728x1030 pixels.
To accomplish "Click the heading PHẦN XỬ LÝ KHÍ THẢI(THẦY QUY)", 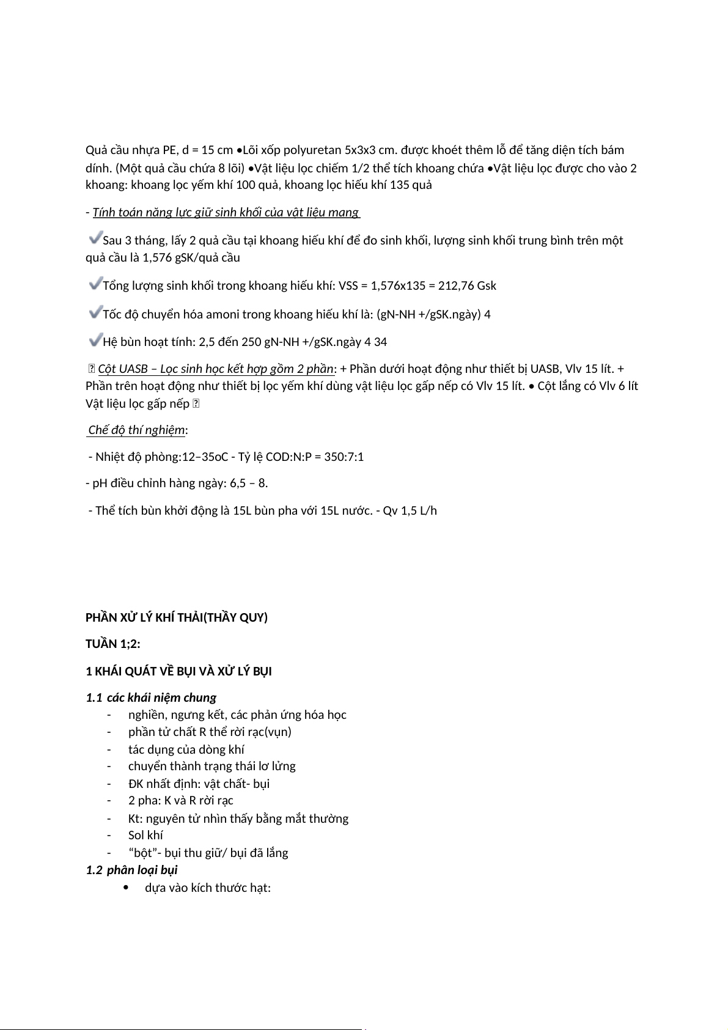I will click(x=177, y=617).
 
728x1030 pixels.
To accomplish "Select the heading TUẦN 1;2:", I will click(x=113, y=644).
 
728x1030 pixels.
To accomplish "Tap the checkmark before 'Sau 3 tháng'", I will click(x=95, y=236).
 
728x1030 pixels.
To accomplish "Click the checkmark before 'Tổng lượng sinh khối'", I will click(x=95, y=282).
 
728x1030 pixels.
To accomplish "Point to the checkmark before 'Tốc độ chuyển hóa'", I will click(x=95, y=312).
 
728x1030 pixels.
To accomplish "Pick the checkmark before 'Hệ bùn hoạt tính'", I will click(x=95, y=339).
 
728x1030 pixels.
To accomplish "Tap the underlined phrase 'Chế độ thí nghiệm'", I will click(x=136, y=430).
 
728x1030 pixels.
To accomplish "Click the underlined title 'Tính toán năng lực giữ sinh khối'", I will click(x=226, y=212).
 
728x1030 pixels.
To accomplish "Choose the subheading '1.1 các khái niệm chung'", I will click(x=151, y=697).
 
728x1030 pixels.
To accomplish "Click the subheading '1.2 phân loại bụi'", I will click(x=131, y=870).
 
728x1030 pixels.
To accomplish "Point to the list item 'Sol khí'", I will click(x=145, y=835).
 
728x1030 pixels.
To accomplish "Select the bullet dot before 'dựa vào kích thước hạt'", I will click(x=126, y=888).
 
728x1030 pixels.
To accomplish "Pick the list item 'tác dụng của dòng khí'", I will click(x=186, y=749).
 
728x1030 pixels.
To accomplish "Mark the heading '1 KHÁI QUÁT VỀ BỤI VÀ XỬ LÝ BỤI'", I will click(x=178, y=671).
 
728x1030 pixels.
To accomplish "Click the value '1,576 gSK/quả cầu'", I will click(x=191, y=257).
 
